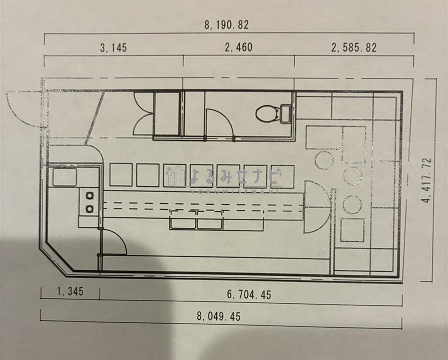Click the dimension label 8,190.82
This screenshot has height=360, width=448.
pyautogui.click(x=226, y=25)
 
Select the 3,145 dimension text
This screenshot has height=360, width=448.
pyautogui.click(x=113, y=47)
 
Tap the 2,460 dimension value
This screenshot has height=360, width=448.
pyautogui.click(x=239, y=47)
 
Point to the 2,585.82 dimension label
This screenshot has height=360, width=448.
pyautogui.click(x=354, y=47)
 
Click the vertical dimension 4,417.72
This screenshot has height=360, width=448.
pyautogui.click(x=427, y=180)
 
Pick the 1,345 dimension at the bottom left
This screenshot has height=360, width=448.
pyautogui.click(x=70, y=291)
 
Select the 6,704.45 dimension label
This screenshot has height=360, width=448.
pyautogui.click(x=249, y=294)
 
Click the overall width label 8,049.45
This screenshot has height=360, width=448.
pyautogui.click(x=219, y=316)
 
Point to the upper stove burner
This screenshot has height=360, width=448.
pyautogui.click(x=90, y=196)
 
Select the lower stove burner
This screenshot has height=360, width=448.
pyautogui.click(x=90, y=209)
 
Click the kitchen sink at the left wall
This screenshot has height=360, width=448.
pyautogui.click(x=65, y=177)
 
